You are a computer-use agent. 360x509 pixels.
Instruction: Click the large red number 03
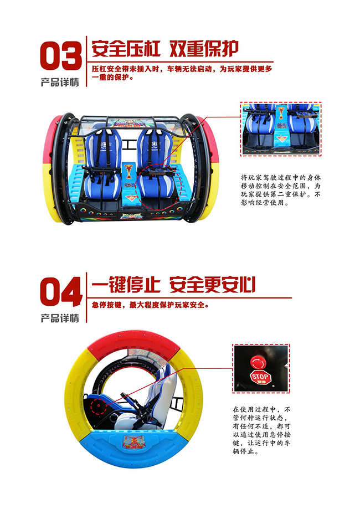coord(60,55)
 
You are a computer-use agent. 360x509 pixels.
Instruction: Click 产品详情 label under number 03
coord(60,82)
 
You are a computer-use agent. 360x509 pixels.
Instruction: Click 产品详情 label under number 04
coord(60,318)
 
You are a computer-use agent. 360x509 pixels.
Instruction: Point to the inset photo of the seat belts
coord(280,128)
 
